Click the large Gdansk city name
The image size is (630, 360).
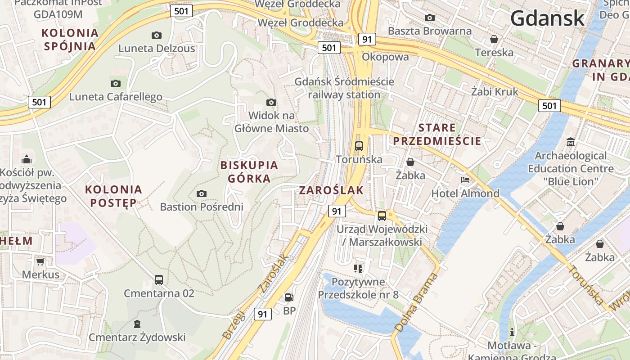click(x=547, y=19)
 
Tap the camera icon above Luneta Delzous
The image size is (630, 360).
click(x=157, y=35)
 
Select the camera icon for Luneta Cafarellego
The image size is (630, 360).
click(x=116, y=83)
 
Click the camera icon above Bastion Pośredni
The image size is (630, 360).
click(x=202, y=193)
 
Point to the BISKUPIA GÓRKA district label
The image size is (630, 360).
click(x=249, y=172)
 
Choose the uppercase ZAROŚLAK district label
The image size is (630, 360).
click(x=332, y=190)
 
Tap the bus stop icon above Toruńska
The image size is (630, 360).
click(x=359, y=146)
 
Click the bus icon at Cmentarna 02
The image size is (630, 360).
click(x=159, y=279)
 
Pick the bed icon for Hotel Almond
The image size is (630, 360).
click(x=465, y=180)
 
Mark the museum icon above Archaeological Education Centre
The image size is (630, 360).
click(x=571, y=142)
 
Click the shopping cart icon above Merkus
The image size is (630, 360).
click(x=40, y=261)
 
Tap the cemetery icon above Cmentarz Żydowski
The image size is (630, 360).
click(x=137, y=324)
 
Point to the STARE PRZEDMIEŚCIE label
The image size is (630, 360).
click(x=437, y=134)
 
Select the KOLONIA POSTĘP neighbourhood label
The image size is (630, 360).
click(x=113, y=196)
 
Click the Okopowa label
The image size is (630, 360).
click(x=385, y=57)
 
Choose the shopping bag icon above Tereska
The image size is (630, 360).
click(x=494, y=39)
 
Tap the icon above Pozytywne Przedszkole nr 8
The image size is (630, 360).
click(x=358, y=269)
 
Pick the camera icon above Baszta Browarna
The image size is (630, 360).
click(x=430, y=18)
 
